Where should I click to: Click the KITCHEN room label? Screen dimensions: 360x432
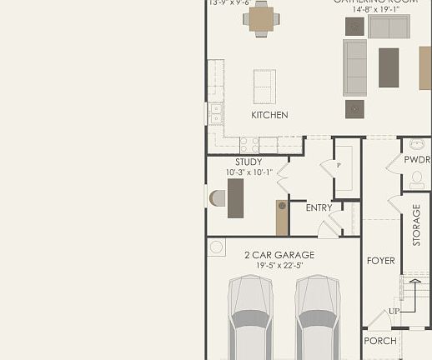coord(269,115)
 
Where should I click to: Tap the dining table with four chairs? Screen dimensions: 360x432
coord(261,19)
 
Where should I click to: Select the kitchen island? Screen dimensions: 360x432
coord(264,86)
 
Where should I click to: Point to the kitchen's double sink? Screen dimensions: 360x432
coord(216,113)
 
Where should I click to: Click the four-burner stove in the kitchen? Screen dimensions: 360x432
coord(249,144)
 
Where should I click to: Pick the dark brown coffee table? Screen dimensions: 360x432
coord(389,67)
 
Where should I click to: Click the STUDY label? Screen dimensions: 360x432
coord(249,162)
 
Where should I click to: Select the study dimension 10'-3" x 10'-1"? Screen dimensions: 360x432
coord(249,172)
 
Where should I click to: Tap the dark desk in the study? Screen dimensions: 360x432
coord(236,198)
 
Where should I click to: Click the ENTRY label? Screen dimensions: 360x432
coord(319,208)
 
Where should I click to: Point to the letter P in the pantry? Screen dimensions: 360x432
coord(339,166)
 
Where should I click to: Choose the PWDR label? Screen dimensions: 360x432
coord(417,160)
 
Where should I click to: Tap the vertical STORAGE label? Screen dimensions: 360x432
coord(417,225)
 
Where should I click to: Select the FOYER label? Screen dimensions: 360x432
coord(380,261)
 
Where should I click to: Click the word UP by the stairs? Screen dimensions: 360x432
coord(394,312)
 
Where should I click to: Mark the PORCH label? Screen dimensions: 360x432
coord(380,341)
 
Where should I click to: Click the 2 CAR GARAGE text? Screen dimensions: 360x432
coord(279,255)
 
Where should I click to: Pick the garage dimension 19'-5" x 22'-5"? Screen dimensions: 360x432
coord(279,266)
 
